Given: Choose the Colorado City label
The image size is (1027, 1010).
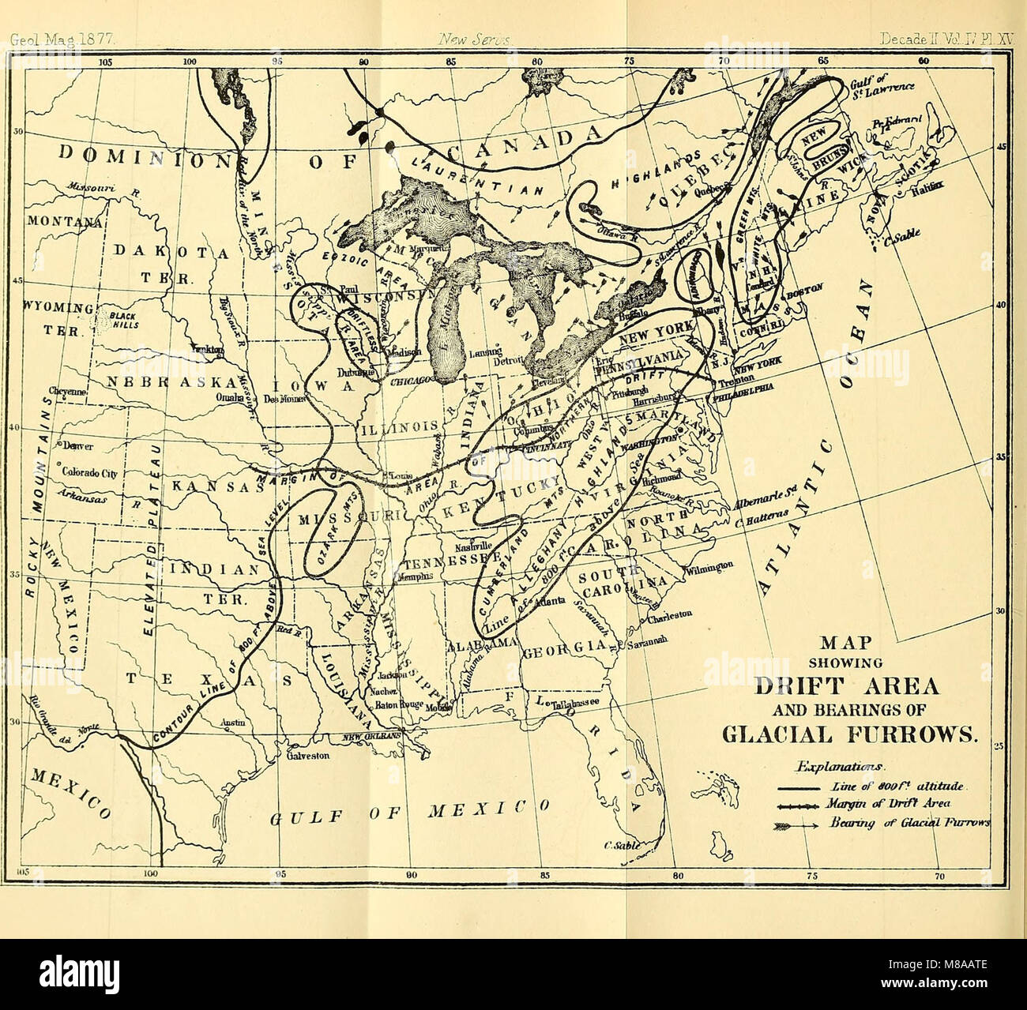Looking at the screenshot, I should point(87,474).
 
